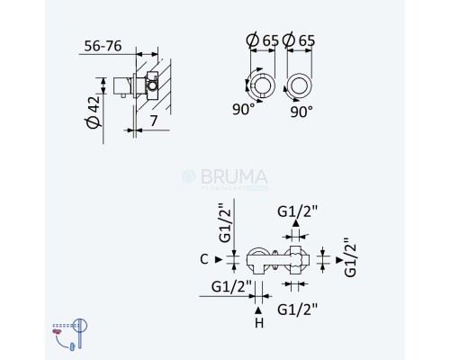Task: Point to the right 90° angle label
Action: coord(301,111)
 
